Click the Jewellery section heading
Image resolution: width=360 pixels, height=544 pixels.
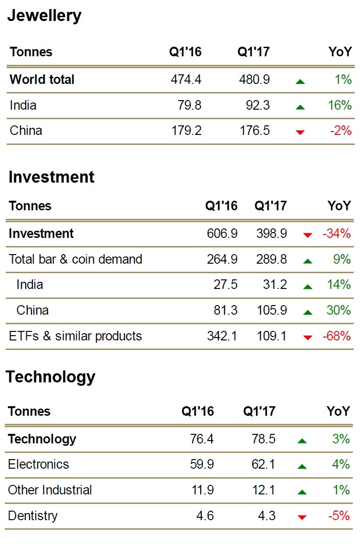[x=44, y=16]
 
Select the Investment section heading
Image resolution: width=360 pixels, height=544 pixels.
[x=51, y=177]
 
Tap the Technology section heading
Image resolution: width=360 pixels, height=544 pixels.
[x=51, y=377]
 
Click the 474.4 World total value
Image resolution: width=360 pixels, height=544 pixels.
[x=186, y=79]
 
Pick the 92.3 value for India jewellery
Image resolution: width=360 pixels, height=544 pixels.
[x=254, y=105]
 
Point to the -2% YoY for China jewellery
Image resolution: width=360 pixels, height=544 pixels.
[x=340, y=131]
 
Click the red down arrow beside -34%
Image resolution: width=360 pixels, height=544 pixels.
[x=308, y=235]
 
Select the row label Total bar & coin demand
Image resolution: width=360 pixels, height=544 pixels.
[x=75, y=259]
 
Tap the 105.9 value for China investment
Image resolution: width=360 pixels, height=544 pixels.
[x=271, y=310]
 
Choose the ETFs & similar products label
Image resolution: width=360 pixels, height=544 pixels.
[x=75, y=336]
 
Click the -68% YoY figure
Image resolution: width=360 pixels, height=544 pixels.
[x=337, y=336]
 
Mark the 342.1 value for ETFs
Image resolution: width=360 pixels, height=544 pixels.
[x=222, y=336]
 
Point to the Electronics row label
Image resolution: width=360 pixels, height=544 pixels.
[x=39, y=464]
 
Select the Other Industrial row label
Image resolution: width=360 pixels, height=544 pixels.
[x=50, y=490]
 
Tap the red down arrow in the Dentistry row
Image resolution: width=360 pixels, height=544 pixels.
[x=301, y=517]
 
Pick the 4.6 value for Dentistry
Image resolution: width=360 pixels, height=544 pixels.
[x=205, y=516]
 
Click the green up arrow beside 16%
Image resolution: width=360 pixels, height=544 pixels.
[x=300, y=107]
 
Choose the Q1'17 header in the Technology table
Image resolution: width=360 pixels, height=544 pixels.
[x=259, y=411]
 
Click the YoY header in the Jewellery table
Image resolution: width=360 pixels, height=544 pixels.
[x=340, y=52]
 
